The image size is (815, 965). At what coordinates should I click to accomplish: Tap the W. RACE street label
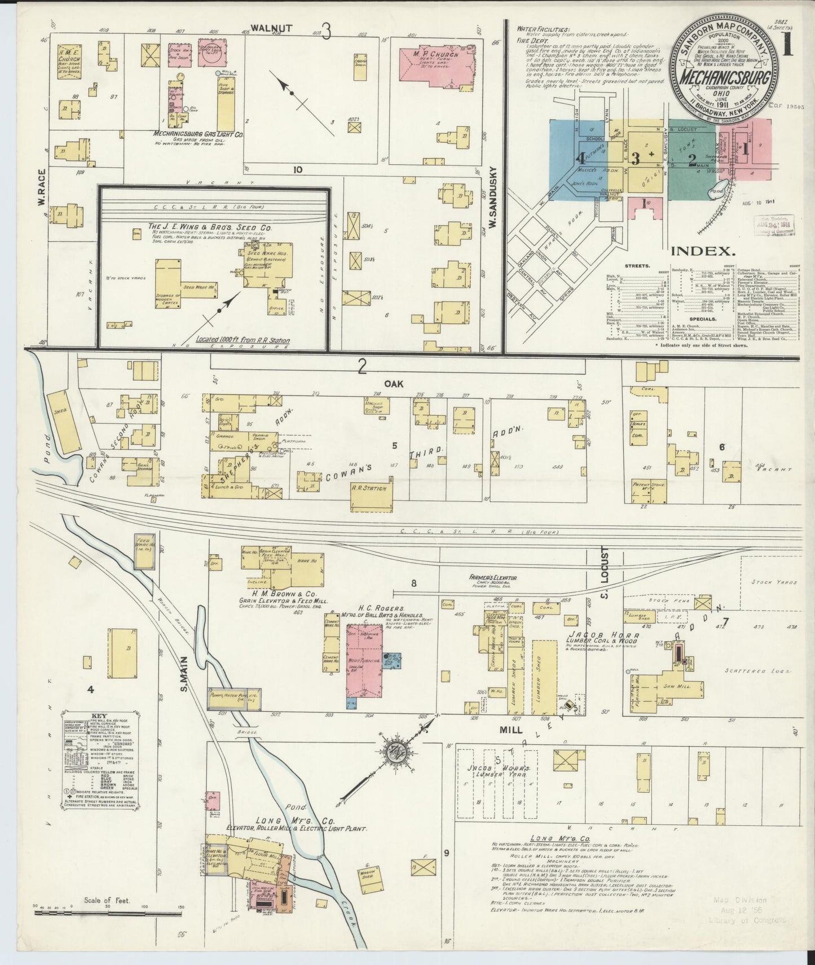41,190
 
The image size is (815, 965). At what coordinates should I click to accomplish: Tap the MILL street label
510,729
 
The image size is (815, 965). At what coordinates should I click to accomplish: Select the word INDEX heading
702,251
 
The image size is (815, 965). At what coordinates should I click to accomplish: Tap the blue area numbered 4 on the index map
580,159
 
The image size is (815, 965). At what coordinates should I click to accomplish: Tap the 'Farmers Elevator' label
492,578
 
